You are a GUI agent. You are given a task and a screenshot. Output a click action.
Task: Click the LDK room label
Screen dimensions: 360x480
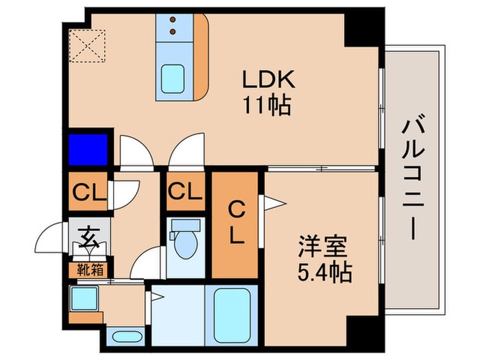coord(267,80)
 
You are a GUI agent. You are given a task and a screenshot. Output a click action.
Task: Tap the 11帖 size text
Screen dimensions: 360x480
coord(267,105)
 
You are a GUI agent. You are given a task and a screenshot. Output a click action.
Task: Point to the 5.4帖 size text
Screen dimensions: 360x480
coord(325,272)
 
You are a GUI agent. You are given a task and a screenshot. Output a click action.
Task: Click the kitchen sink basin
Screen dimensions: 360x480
coord(171,79)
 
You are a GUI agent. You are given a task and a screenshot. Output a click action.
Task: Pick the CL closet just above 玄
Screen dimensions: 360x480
coord(87,192)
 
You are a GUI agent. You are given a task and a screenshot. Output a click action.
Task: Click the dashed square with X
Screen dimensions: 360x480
coord(86,45)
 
